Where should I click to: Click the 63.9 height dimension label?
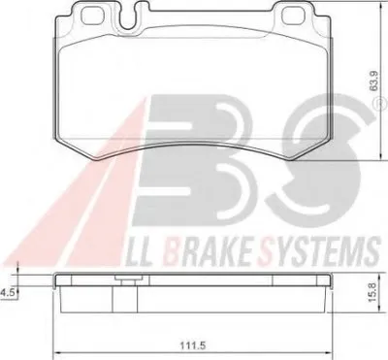pos(374,82)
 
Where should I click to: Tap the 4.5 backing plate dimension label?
pos(7,293)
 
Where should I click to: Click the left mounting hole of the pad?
pos(92,16)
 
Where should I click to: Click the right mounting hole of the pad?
pos(293,16)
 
